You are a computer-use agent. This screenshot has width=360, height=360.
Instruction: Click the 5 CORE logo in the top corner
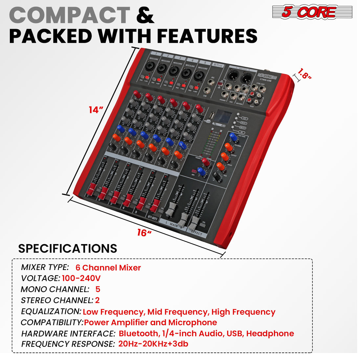312,12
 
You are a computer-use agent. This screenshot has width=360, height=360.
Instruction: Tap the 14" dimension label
96,110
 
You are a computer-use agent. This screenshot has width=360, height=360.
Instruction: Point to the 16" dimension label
144,233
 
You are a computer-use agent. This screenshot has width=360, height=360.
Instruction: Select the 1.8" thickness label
304,74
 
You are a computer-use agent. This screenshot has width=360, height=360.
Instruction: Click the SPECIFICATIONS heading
67,248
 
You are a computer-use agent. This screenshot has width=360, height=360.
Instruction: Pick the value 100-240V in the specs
81,279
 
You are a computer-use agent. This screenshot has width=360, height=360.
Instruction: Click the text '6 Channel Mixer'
108,268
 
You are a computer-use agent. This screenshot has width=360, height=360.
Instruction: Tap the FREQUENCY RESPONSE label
68,344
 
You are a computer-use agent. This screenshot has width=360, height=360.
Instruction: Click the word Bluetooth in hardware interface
138,333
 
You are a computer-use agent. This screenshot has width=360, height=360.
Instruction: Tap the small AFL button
194,171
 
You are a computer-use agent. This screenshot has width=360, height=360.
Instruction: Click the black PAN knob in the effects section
217,177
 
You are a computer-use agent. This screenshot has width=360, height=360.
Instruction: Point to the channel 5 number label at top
205,62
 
